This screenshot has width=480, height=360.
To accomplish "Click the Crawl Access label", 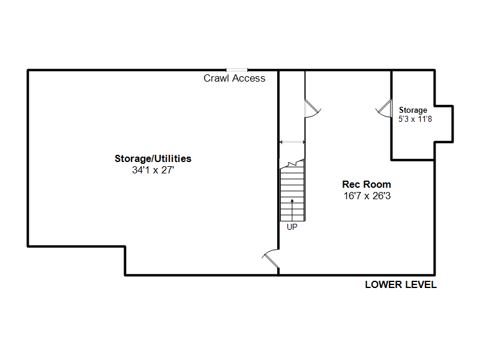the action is (235, 79).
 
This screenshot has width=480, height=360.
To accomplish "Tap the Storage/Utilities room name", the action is (153, 158).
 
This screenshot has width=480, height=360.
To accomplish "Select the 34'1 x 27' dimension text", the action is (153, 170).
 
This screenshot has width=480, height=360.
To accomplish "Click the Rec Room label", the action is (367, 184).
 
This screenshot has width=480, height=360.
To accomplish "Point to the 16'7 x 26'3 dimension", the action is (367, 196).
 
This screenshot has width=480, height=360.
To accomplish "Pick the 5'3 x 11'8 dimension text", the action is (415, 119).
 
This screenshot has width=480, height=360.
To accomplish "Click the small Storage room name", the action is (413, 110).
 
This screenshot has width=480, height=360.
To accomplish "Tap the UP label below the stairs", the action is (292, 227).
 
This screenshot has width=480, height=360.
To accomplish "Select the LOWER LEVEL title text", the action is (401, 284).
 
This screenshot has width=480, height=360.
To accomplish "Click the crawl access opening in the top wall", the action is (236, 70).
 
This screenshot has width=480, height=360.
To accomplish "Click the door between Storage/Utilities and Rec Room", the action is (271, 259).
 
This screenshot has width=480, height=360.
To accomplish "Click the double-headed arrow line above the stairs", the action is (292, 142).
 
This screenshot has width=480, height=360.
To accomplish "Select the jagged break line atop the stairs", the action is (292, 163).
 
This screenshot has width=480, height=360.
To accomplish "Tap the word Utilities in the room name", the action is (173, 158).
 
